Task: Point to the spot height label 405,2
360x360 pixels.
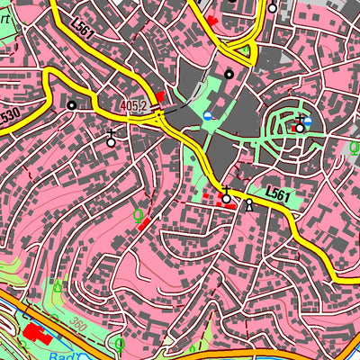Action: (132, 106)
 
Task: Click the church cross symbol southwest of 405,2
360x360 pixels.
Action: (111, 139)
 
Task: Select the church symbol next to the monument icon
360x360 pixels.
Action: (226, 197)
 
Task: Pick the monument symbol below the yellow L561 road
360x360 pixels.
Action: (249, 204)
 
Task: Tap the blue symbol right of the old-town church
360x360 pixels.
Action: (309, 121)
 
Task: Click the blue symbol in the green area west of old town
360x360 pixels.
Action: (209, 117)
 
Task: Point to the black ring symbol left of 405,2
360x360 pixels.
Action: (72, 105)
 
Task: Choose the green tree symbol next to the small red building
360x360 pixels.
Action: (138, 215)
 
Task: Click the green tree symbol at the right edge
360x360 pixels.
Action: (353, 147)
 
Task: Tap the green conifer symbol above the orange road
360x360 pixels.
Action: (58, 287)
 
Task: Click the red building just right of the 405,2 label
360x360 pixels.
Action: (160, 96)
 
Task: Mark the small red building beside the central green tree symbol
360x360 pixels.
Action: (146, 220)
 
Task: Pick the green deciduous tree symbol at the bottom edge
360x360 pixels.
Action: (120, 343)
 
